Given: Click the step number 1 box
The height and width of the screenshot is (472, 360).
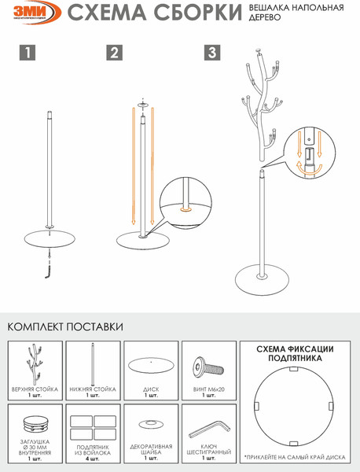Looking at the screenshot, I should coord(27,53).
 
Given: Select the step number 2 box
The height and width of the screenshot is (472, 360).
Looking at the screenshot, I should coord(115,53).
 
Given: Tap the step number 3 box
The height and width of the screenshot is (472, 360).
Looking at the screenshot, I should coord(212,53).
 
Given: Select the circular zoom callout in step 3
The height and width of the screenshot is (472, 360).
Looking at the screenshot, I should coord(311,152).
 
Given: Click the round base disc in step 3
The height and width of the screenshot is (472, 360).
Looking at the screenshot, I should coord(261,277).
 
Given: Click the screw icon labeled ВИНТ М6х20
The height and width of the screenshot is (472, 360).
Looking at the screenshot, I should coord(208,367).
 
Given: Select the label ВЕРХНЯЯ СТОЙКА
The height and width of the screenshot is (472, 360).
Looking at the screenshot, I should coord(34,389).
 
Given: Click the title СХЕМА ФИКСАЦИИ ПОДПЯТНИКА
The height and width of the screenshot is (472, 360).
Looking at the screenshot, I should coord(296,352).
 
